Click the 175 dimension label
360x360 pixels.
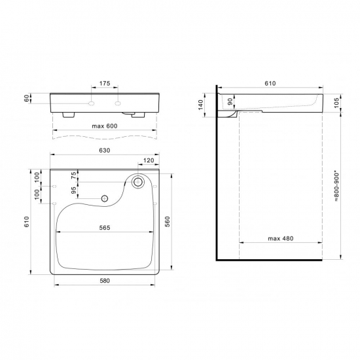click(x=105, y=83)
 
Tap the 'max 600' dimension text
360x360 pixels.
click(x=105, y=126)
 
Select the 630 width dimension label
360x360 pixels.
click(x=105, y=151)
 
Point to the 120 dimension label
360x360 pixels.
click(x=149, y=160)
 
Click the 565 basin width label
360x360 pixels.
click(x=105, y=228)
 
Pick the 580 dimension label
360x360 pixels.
click(x=105, y=281)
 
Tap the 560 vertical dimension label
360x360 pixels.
click(x=168, y=221)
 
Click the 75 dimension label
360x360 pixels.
click(x=73, y=175)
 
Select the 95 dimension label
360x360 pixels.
click(x=73, y=190)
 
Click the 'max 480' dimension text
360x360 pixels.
click(x=281, y=238)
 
